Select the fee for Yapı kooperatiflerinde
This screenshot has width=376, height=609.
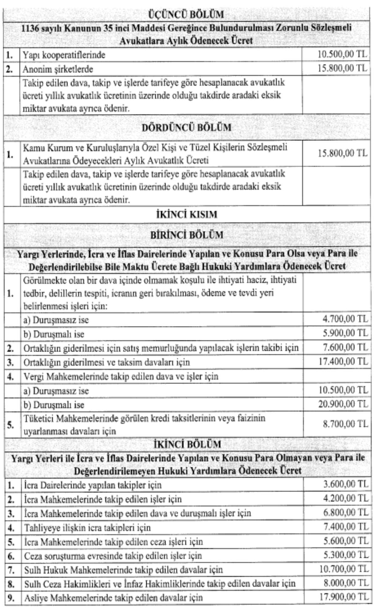coord(342,54)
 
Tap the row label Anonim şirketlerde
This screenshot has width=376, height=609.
coord(58,69)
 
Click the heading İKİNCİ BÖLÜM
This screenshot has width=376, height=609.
coord(187,444)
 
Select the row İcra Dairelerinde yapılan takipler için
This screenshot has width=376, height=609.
coord(93,485)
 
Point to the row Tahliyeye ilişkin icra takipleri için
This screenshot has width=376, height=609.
coord(87,528)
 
